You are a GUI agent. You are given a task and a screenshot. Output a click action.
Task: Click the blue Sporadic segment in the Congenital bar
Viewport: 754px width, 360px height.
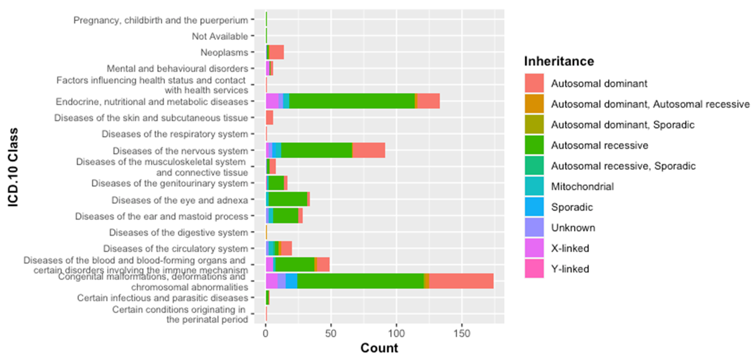[x=291, y=281]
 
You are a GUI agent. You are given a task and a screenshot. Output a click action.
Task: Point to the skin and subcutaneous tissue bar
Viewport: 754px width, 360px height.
[x=269, y=117]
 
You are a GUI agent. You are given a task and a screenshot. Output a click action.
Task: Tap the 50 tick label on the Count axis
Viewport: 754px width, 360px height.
[x=331, y=334]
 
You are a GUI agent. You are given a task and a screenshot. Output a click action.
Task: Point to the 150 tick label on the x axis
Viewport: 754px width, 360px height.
[x=462, y=334]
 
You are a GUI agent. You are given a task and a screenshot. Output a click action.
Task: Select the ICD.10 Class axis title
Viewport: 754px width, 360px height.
[x=13, y=167]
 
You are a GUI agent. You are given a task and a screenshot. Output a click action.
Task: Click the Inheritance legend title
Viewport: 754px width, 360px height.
[x=559, y=61]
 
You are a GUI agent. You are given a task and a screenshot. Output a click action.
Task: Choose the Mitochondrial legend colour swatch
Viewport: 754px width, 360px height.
[x=534, y=186]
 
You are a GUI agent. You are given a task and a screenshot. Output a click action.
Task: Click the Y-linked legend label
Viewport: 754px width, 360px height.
[x=570, y=269]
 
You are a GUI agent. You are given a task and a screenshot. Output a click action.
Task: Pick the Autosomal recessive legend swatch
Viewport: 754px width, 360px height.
[x=534, y=145]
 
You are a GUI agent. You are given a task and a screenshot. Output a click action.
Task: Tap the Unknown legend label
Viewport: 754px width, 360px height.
[x=573, y=227]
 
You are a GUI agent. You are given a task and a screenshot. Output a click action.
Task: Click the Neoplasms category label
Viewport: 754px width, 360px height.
[x=224, y=52]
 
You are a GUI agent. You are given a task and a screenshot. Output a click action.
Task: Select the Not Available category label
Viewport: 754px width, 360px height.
[x=220, y=36]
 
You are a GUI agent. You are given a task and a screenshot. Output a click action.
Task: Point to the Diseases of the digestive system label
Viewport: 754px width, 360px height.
[x=179, y=232]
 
